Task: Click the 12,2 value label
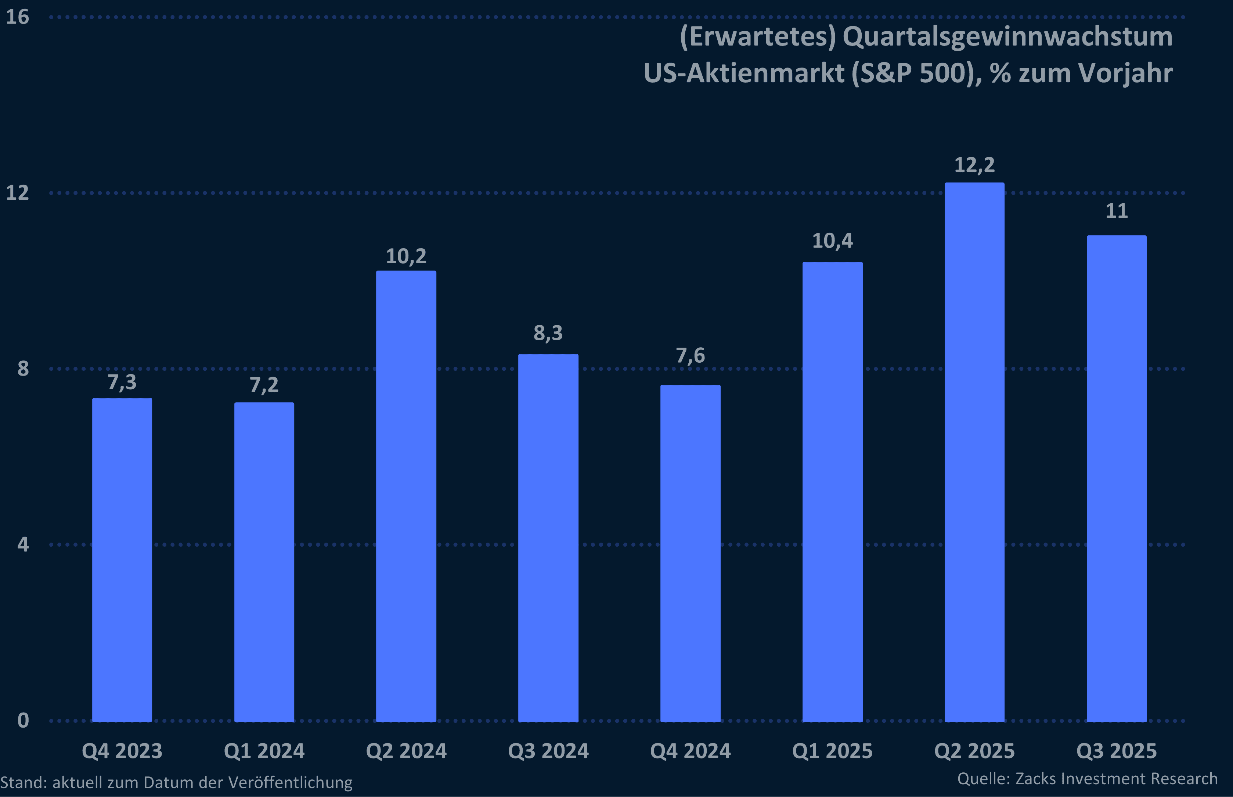point(974,165)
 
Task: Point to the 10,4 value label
point(832,241)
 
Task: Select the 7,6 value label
point(690,355)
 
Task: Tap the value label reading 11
point(1117,211)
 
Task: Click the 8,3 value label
point(548,333)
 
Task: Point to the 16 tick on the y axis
point(17,17)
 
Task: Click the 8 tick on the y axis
point(23,369)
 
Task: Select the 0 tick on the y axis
point(23,720)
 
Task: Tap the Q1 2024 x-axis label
point(264,751)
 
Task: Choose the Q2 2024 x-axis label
point(406,751)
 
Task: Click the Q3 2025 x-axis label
point(1117,751)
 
